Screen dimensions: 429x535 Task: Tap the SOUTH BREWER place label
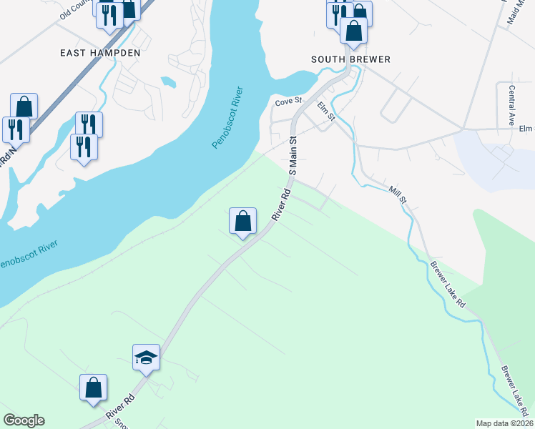point(351,59)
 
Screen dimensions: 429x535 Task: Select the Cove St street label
point(290,103)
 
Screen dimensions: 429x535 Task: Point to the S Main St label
point(293,153)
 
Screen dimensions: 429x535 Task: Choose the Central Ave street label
point(512,106)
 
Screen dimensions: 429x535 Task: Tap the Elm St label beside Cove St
point(326,112)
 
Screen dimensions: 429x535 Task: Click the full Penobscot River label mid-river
point(228,118)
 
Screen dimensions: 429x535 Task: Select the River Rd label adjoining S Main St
point(280,204)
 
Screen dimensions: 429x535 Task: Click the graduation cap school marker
point(147,357)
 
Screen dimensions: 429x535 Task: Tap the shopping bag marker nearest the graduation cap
point(93,388)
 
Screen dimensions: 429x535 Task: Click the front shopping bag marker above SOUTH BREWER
point(353,30)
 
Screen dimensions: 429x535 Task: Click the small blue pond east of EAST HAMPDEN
point(169,82)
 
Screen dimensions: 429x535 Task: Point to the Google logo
point(24,420)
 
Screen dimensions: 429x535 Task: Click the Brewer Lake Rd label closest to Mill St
point(448,285)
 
